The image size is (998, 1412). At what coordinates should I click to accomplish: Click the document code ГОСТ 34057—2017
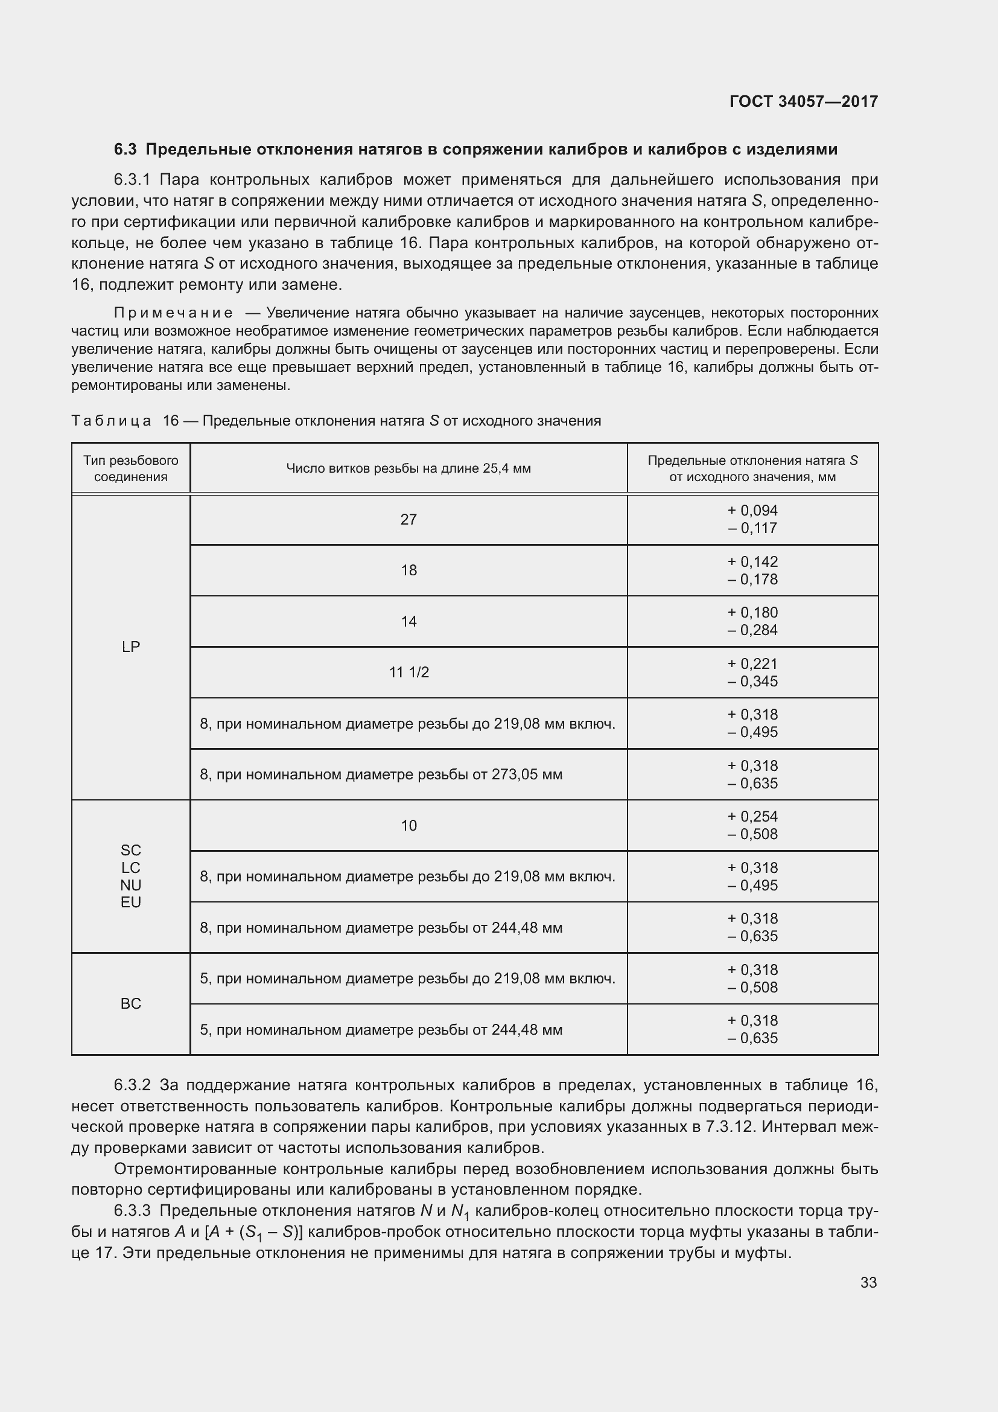click(x=803, y=101)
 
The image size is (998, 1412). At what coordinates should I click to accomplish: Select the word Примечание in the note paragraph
click(x=173, y=313)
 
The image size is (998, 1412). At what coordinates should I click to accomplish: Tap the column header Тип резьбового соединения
click(x=131, y=468)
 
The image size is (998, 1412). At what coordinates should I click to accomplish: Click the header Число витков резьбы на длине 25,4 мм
click(x=408, y=468)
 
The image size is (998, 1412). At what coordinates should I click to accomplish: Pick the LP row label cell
click(x=131, y=647)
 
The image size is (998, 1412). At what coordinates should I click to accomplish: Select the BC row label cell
click(x=131, y=1004)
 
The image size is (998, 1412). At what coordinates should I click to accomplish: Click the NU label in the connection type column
click(x=131, y=885)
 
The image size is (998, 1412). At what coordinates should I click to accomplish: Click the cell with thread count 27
click(x=408, y=520)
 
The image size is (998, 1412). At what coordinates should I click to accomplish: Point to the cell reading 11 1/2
click(x=408, y=672)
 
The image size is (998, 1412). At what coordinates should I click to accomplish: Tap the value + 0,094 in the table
click(x=752, y=511)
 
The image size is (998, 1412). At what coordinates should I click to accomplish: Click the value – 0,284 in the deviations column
click(x=752, y=630)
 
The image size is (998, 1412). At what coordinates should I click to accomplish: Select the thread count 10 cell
click(x=408, y=825)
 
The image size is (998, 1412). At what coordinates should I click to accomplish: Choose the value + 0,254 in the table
click(x=752, y=817)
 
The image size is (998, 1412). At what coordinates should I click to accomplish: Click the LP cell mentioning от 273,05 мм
click(x=381, y=775)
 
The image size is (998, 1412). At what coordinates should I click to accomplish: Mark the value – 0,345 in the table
click(x=752, y=682)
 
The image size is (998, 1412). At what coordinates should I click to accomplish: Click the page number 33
click(x=868, y=1283)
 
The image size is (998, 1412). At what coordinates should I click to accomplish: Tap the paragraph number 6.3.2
click(x=132, y=1085)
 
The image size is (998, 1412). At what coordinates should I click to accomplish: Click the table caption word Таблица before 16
click(x=111, y=421)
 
